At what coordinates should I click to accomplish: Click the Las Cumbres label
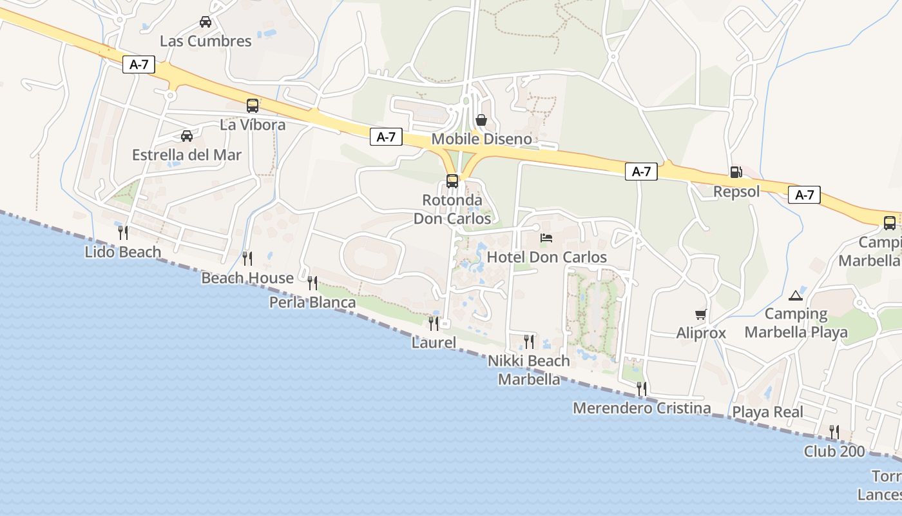pyautogui.click(x=206, y=41)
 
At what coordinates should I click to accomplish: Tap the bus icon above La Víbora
pyautogui.click(x=253, y=106)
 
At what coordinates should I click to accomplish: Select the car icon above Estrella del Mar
pyautogui.click(x=187, y=136)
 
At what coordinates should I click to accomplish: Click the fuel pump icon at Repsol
pyautogui.click(x=736, y=172)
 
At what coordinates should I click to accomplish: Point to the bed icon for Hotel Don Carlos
pyautogui.click(x=546, y=238)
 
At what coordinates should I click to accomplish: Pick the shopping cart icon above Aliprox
pyautogui.click(x=701, y=315)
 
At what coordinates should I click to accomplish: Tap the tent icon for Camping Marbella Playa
pyautogui.click(x=796, y=295)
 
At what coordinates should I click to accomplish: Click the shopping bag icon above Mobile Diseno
pyautogui.click(x=481, y=120)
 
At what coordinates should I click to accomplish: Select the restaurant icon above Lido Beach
pyautogui.click(x=123, y=232)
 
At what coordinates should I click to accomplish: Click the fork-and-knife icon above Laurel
pyautogui.click(x=434, y=323)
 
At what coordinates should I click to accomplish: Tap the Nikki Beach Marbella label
pyautogui.click(x=529, y=370)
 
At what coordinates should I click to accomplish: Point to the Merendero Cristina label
pyautogui.click(x=642, y=408)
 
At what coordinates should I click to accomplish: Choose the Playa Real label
pyautogui.click(x=767, y=412)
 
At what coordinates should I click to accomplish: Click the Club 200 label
pyautogui.click(x=834, y=451)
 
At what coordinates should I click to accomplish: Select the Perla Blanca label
pyautogui.click(x=312, y=303)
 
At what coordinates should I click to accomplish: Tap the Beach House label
pyautogui.click(x=247, y=278)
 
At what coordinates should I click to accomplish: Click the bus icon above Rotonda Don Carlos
pyautogui.click(x=452, y=181)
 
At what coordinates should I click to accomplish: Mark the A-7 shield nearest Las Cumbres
pyautogui.click(x=139, y=64)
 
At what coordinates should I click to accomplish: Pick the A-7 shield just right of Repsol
pyautogui.click(x=804, y=195)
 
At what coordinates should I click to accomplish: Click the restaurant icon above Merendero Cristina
pyautogui.click(x=642, y=388)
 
